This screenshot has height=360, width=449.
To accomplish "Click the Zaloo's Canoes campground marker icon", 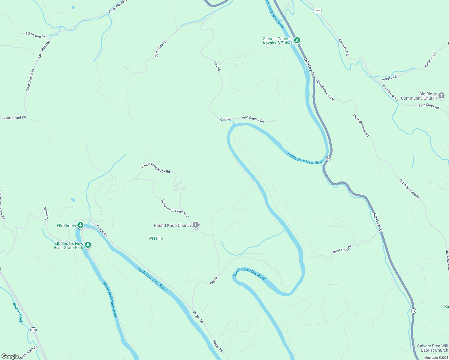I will pyautogui.click(x=297, y=40).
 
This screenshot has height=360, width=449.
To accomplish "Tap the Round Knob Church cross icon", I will pyautogui.click(x=195, y=225).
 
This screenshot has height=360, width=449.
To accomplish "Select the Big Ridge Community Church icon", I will pyautogui.click(x=441, y=96).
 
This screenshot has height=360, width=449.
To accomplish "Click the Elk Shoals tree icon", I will pyautogui.click(x=80, y=225).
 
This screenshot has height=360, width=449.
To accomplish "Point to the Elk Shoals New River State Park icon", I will pyautogui.click(x=88, y=245).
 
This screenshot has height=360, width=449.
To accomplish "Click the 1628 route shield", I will pyautogui.click(x=317, y=11).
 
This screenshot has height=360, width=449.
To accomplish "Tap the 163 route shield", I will pyautogui.click(x=33, y=330).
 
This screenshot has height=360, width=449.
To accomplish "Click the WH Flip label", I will pyautogui.click(x=155, y=238).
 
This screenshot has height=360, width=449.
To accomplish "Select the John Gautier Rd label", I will pyautogui.click(x=253, y=119).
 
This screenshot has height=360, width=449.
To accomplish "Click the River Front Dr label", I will pyautogui.click(x=342, y=249).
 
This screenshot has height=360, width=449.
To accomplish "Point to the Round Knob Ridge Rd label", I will pyautogui.click(x=156, y=168).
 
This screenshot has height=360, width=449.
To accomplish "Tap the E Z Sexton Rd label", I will pyautogui.click(x=35, y=35).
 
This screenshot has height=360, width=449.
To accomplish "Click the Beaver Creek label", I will pyautogui.click(x=18, y=313).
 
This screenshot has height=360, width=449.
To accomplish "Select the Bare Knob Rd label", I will pyautogui.click(x=161, y=49).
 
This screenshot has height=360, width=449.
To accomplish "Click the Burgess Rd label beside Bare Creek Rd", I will pyautogui.click(x=390, y=78).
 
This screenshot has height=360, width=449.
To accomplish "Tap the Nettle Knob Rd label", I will pyautogui.click(x=29, y=353).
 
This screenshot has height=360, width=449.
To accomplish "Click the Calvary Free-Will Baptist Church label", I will pyautogui.click(x=432, y=348).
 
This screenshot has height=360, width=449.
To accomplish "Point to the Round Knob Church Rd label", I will pyautogui.click(x=175, y=208).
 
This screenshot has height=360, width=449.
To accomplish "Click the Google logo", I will pyautogui.click(x=10, y=356).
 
